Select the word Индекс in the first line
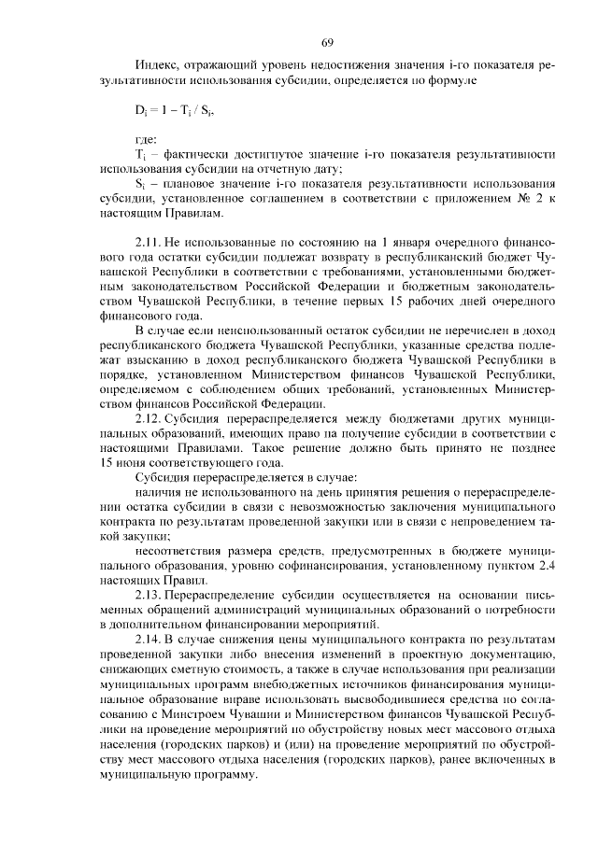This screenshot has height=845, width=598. coord(155,68)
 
